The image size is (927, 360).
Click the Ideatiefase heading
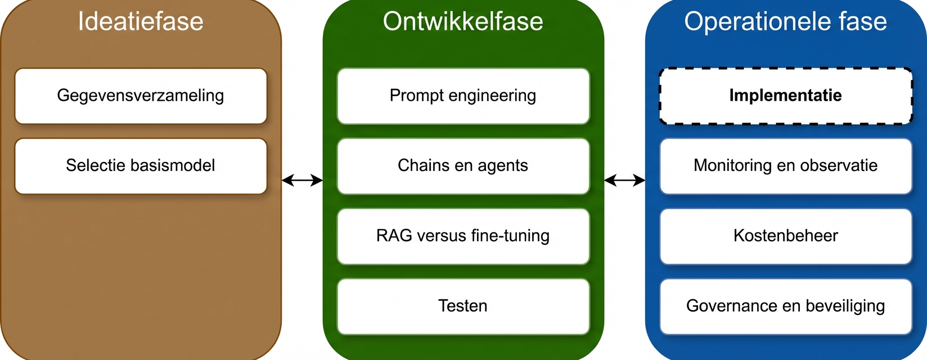141,21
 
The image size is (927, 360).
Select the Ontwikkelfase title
463,21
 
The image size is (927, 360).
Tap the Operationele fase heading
785,21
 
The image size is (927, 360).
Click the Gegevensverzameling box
141,96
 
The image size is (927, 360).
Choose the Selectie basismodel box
141,166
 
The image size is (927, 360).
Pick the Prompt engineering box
463,96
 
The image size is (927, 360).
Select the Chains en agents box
463,166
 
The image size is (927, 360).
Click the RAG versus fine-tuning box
463,236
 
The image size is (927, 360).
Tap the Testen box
463,306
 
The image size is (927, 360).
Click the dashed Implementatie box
785,96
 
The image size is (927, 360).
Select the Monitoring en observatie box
785,166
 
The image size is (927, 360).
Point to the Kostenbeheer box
785,236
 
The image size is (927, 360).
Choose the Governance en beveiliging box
785,306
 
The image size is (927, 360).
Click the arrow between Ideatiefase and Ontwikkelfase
302,180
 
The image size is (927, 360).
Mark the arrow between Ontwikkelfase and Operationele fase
624,180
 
